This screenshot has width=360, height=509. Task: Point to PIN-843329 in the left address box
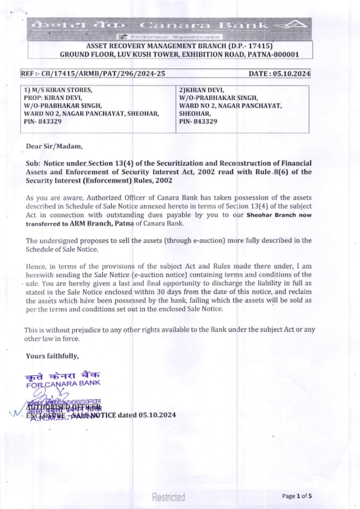[43, 122]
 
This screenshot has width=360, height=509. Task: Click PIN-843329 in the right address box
[198, 122]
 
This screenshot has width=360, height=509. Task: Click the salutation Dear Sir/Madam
[54, 146]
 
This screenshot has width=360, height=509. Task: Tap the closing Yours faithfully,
[52, 356]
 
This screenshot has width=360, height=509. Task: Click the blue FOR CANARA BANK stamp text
[63, 383]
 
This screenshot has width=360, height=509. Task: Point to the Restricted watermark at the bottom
[168, 497]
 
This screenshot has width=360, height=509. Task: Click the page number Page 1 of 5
[297, 496]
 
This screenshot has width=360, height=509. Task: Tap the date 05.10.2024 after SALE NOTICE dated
[157, 415]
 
